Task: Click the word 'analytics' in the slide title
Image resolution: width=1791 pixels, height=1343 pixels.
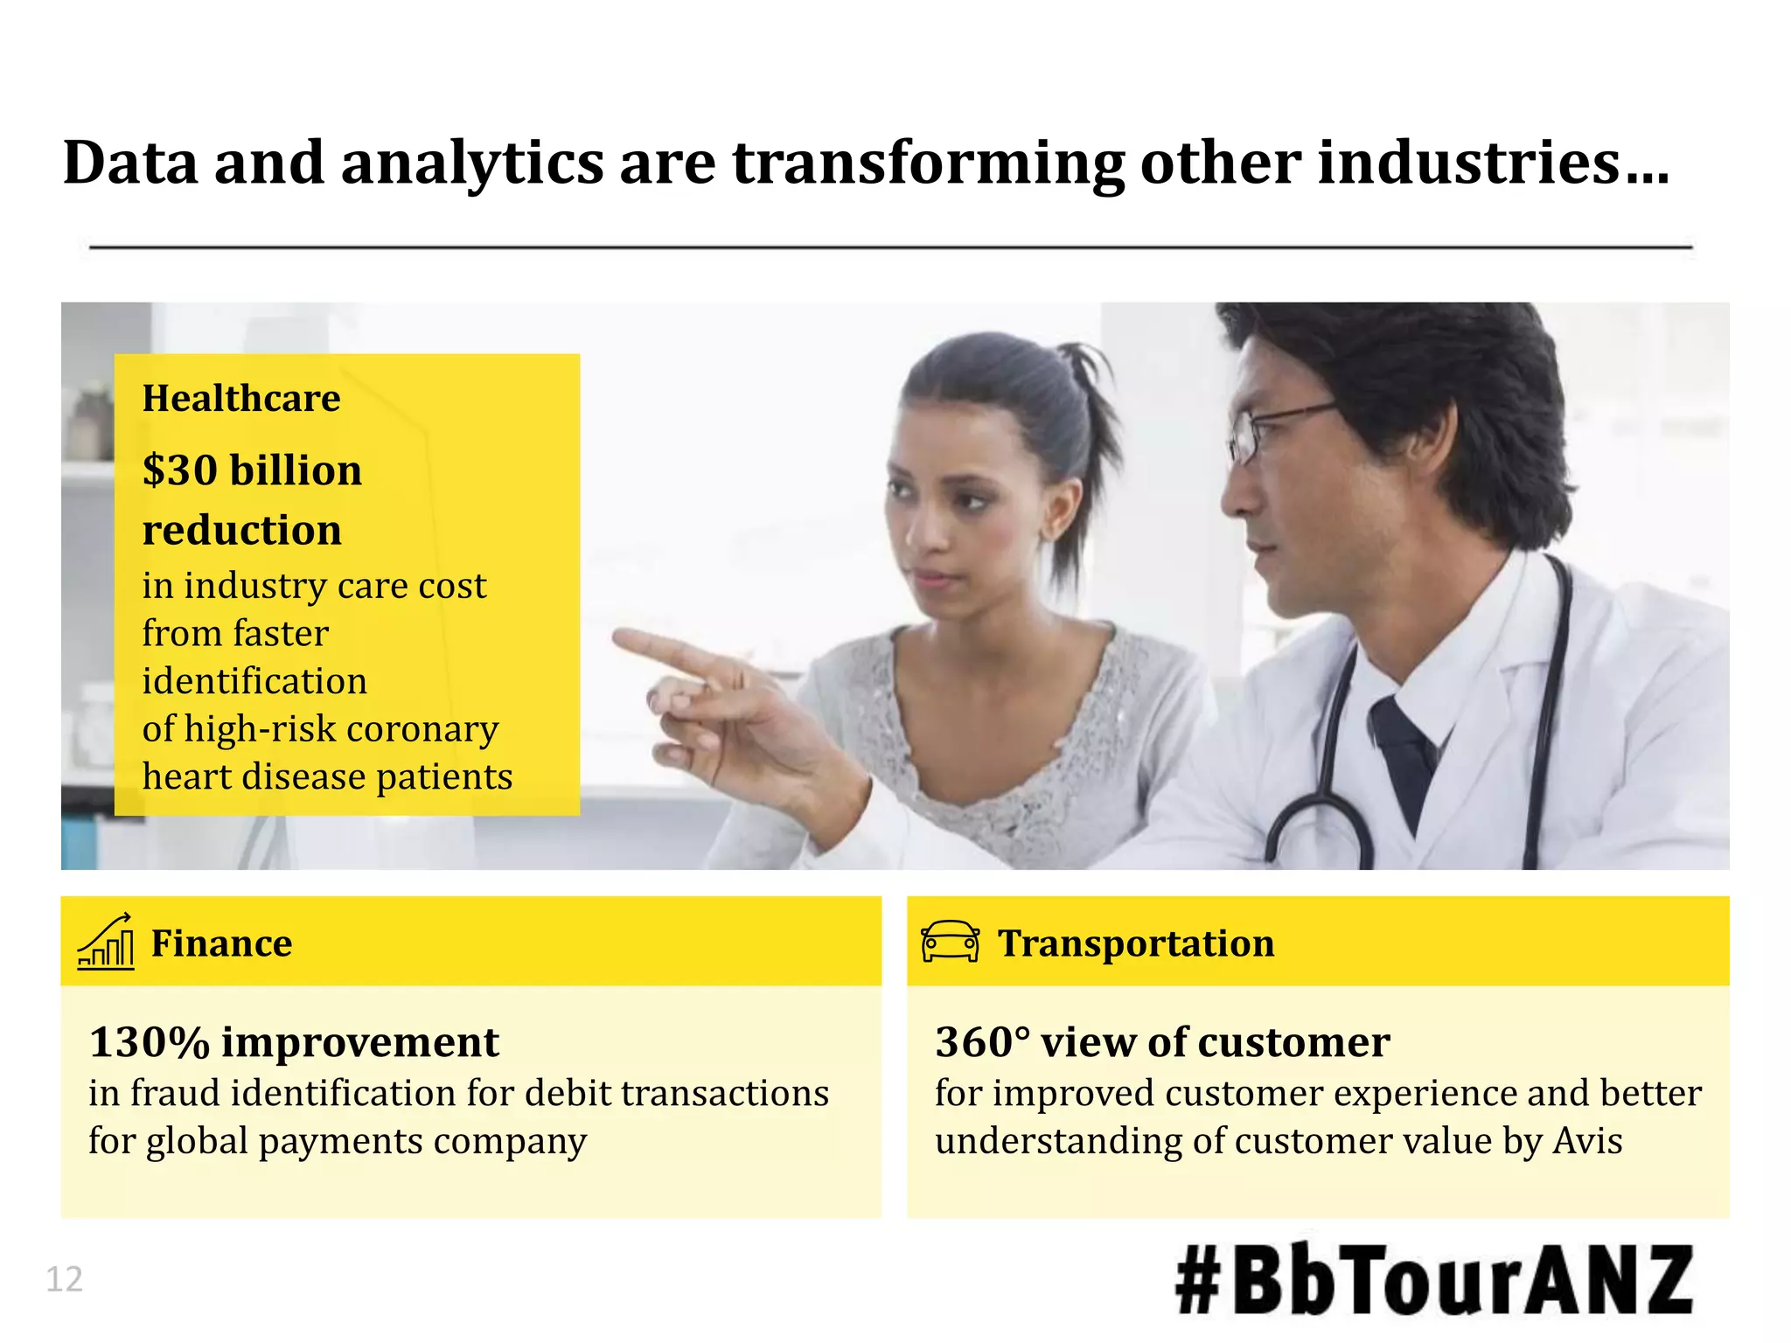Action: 471,164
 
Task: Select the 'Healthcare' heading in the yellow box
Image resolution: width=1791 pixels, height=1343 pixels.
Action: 241,399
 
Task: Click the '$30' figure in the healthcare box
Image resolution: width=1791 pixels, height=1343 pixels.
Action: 180,470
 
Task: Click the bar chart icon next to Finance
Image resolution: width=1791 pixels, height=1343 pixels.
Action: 106,942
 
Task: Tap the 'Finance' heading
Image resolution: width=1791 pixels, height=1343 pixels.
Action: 221,943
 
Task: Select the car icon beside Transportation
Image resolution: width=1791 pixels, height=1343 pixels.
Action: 950,942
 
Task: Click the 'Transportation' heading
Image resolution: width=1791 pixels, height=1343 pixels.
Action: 1136,943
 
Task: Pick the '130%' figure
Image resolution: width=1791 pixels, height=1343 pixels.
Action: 150,1042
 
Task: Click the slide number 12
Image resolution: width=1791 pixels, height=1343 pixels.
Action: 64,1279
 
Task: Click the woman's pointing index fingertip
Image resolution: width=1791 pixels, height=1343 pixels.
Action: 619,639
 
